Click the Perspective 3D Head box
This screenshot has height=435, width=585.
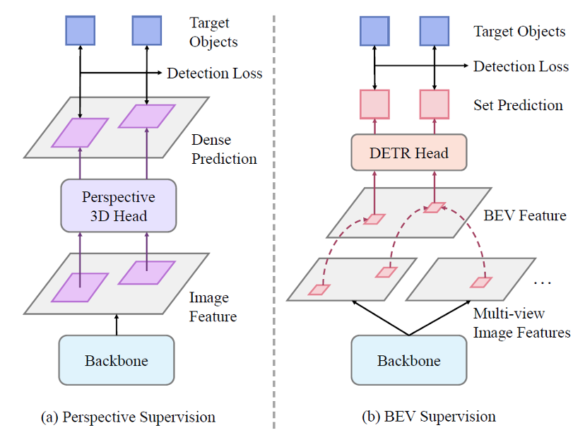coord(119,205)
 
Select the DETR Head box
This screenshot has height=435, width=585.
coord(409,153)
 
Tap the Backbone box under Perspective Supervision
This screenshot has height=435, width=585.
coord(117,360)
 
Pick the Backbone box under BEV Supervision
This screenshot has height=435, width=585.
coord(409,360)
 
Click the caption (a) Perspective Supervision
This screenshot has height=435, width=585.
coord(128,417)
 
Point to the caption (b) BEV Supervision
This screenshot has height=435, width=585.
coord(429,417)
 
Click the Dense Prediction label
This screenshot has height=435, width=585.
coord(224,149)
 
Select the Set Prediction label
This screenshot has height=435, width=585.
coord(518,105)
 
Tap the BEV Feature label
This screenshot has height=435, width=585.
coord(525,215)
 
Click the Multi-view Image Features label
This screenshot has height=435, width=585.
coord(522,323)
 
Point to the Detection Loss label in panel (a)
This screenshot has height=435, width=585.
coord(215,73)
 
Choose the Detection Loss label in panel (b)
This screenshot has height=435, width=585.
coord(521,66)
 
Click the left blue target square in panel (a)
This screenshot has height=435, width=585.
coord(81,30)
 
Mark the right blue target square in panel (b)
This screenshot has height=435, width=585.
coord(435,31)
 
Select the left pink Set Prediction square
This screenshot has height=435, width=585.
coord(374,105)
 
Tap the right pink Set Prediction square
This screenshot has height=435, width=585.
coord(435,105)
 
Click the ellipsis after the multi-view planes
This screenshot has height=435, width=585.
coord(542,283)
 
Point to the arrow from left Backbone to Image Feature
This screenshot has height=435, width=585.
coord(117,325)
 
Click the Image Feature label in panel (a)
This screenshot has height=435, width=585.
coord(213,306)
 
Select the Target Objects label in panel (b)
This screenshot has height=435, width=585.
coord(519,32)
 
